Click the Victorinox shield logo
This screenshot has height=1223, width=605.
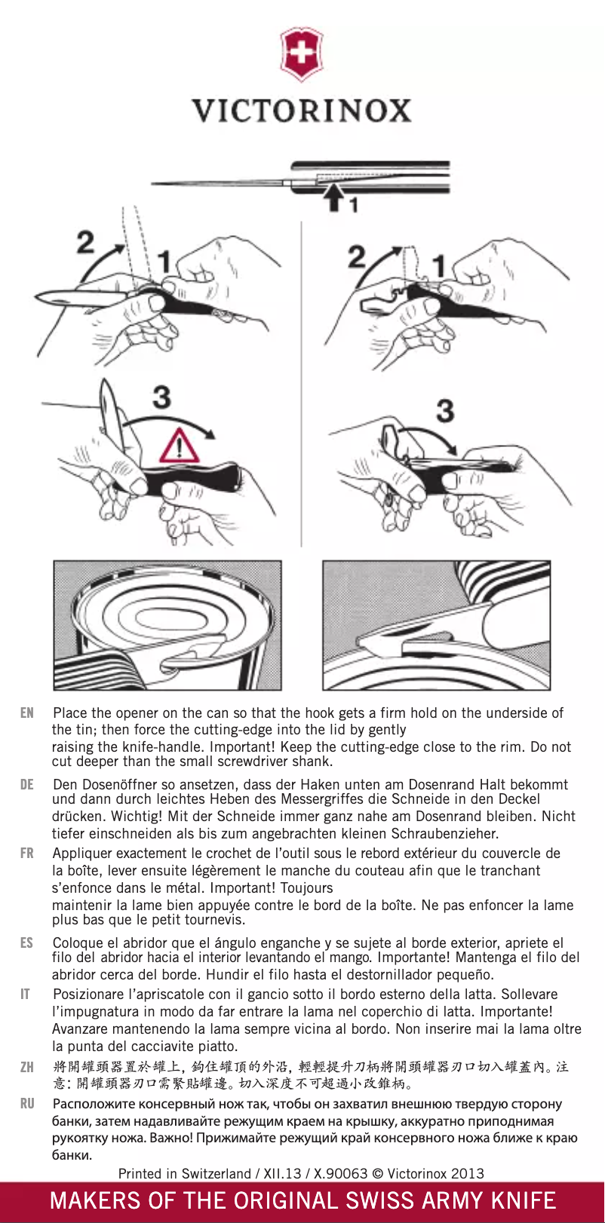point(302,54)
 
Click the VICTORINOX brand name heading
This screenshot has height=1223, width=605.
point(302,111)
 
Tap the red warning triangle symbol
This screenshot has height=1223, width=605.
point(179,446)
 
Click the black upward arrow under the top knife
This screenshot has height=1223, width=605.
point(333,198)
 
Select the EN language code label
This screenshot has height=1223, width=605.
point(27,713)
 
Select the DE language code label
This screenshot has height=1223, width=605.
point(27,784)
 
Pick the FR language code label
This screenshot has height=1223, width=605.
point(27,854)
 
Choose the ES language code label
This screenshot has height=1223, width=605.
point(27,943)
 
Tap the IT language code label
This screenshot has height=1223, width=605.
point(25,994)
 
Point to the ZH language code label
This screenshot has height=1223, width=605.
point(27,1067)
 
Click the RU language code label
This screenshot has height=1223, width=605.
point(27,1103)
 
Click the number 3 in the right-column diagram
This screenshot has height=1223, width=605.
point(445,411)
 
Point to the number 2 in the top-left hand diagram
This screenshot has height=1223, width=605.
point(85,242)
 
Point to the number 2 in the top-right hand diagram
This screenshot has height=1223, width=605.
point(357,256)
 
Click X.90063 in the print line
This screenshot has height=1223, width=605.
point(336,1173)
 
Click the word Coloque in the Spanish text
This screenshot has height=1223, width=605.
point(76,943)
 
